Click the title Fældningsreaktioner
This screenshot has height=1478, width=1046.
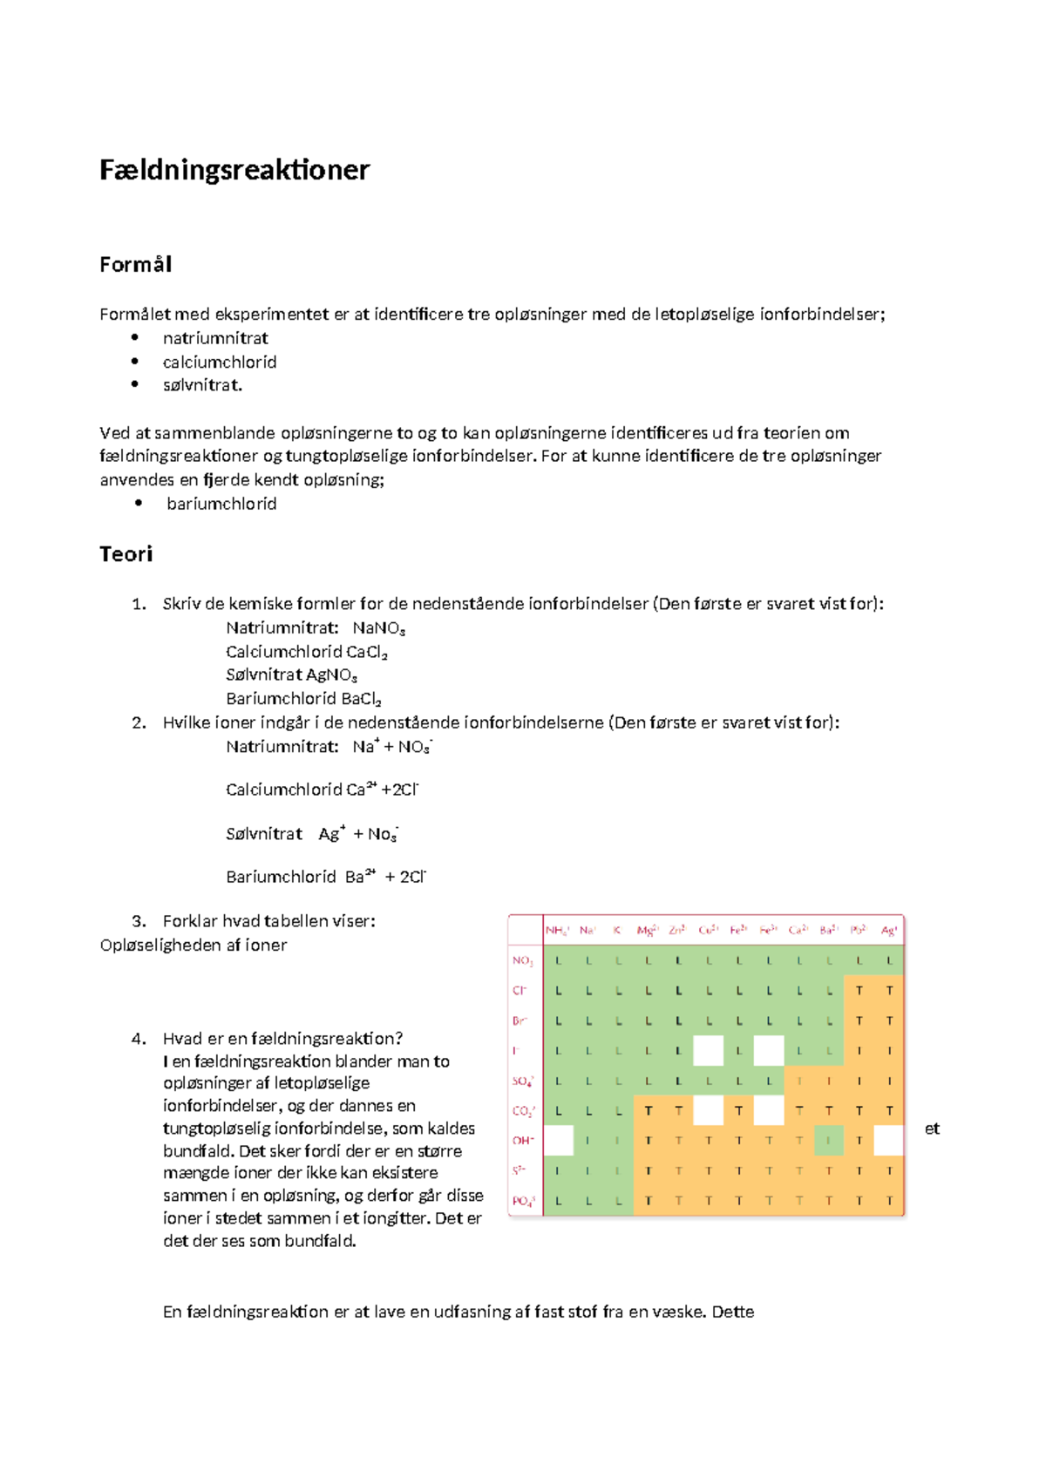point(234,169)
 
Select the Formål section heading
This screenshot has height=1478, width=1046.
point(135,264)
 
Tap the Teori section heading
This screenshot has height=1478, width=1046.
point(126,554)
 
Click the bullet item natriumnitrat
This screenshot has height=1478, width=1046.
point(215,338)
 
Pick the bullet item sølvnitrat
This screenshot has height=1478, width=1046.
point(202,385)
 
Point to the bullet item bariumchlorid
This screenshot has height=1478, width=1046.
point(221,504)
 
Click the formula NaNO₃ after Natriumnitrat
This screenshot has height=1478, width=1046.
point(378,628)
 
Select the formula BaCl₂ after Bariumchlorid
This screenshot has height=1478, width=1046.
point(361,699)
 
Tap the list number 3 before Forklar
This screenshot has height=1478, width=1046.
point(139,921)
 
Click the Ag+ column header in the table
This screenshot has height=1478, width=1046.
point(888,931)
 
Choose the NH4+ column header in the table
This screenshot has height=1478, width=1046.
point(557,931)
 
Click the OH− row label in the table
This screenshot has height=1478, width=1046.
point(523,1140)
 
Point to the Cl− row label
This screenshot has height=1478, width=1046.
point(520,991)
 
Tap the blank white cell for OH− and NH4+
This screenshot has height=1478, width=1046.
point(558,1140)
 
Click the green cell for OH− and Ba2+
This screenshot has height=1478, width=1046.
point(829,1140)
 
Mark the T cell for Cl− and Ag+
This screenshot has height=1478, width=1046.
point(889,991)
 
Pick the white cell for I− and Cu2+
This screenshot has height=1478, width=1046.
point(708,1050)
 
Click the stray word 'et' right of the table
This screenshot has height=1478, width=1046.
point(932,1129)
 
